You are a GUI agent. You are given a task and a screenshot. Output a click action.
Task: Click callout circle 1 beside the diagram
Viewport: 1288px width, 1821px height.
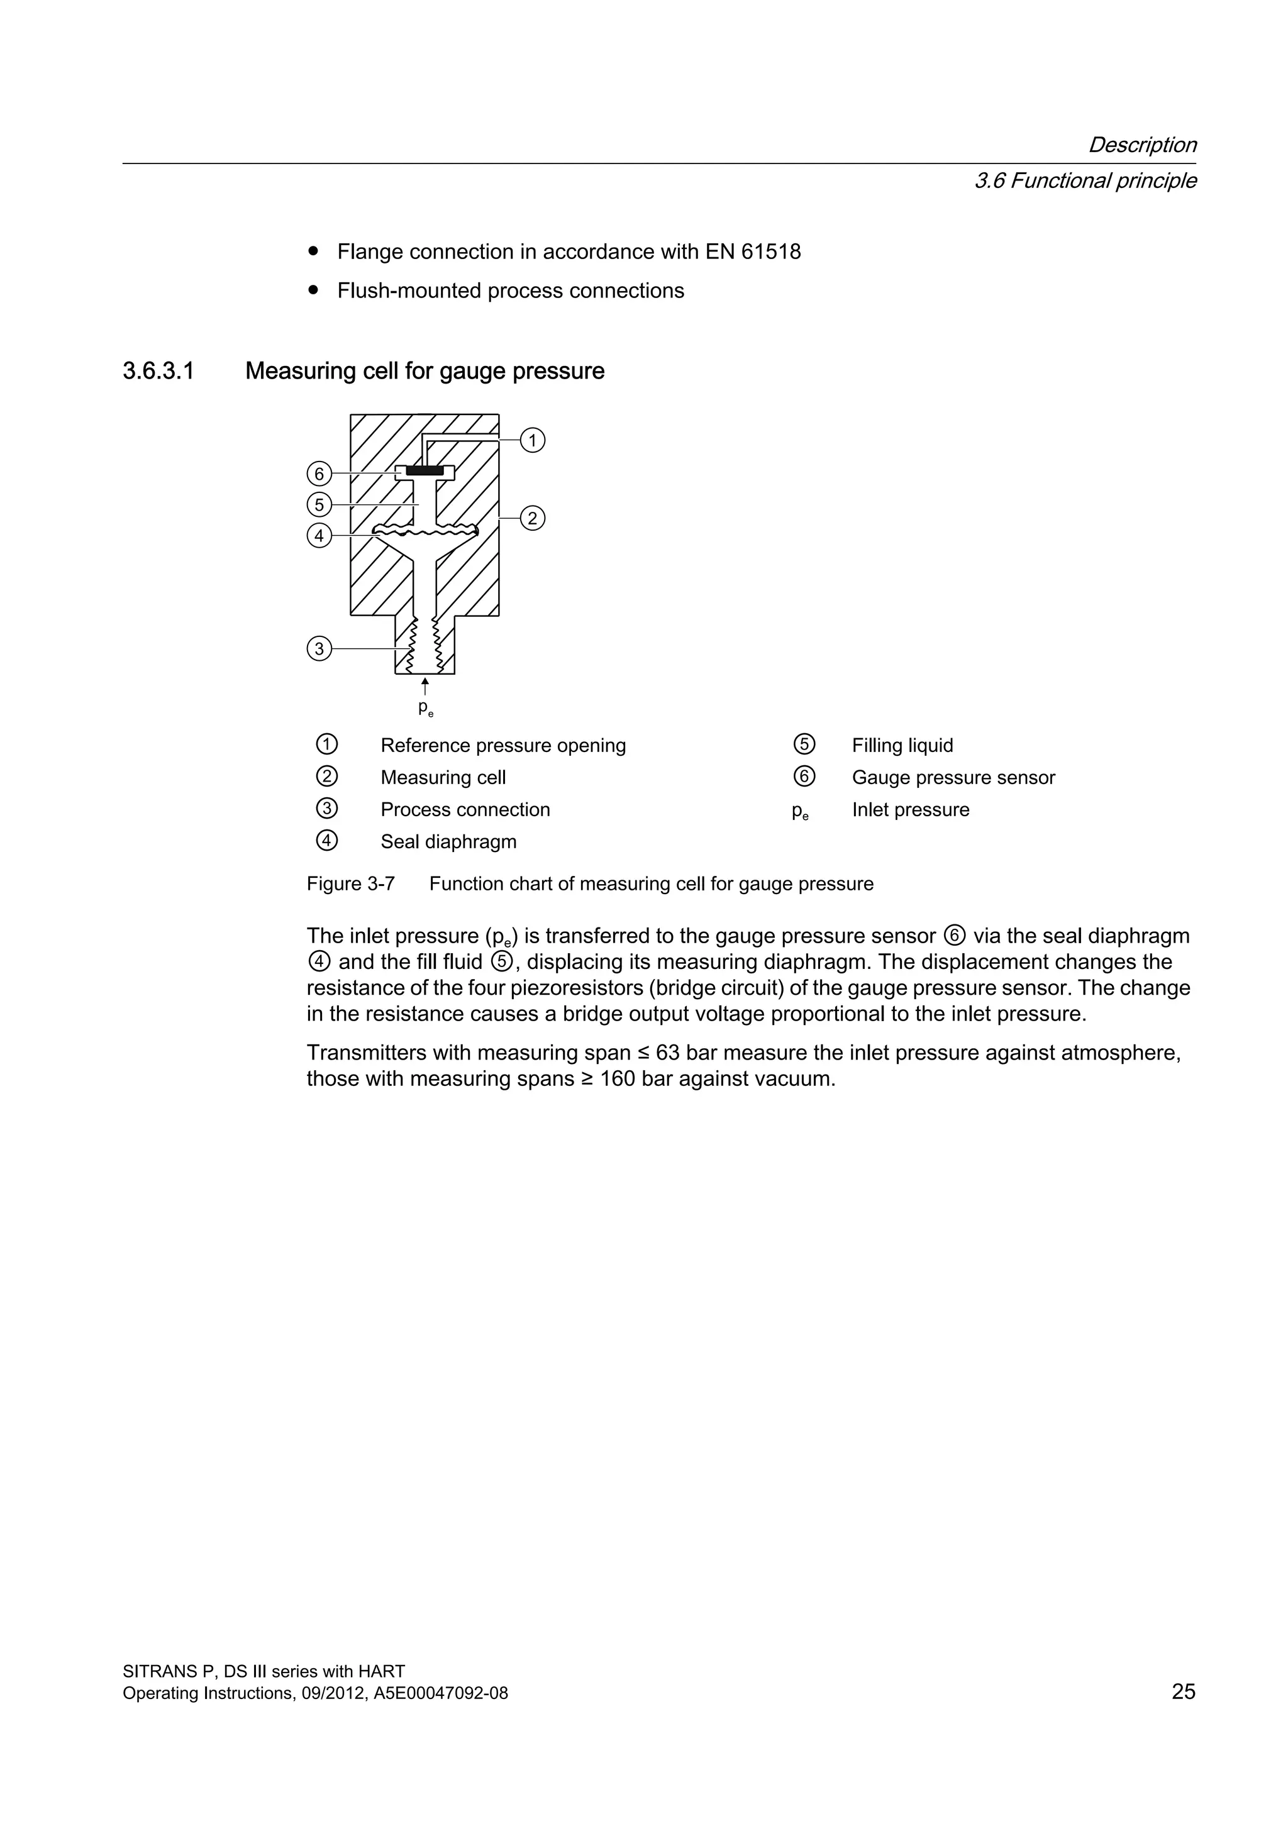click(x=532, y=440)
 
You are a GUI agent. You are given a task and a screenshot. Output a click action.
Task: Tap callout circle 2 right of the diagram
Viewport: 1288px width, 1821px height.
click(x=532, y=519)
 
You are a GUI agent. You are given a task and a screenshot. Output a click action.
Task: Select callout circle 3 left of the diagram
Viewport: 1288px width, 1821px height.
click(x=319, y=649)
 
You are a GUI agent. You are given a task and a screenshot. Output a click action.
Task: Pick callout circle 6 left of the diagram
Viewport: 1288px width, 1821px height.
click(x=319, y=474)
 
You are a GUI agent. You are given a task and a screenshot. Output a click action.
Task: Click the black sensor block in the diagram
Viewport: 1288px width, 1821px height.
click(x=425, y=471)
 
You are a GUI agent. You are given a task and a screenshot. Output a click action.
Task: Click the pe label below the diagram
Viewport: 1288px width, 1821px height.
click(x=425, y=707)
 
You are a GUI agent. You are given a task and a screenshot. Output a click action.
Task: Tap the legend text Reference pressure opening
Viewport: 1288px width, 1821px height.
click(x=503, y=746)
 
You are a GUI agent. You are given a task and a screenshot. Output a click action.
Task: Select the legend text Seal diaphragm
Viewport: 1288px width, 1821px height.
click(x=448, y=841)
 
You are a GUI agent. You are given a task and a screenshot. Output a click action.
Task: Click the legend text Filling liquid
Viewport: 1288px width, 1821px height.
click(x=902, y=746)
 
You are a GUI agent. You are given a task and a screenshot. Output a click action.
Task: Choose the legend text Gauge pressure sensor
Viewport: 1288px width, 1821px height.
click(x=953, y=777)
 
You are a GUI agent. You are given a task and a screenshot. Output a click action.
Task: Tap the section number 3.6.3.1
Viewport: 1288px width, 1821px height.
click(x=158, y=371)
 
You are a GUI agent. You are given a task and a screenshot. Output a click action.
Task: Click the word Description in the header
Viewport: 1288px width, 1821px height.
click(x=1141, y=145)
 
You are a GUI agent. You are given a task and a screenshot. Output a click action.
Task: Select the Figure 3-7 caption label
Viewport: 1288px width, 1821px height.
click(x=350, y=883)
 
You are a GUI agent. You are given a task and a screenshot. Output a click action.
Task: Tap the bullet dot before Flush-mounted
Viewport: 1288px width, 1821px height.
click(x=314, y=291)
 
